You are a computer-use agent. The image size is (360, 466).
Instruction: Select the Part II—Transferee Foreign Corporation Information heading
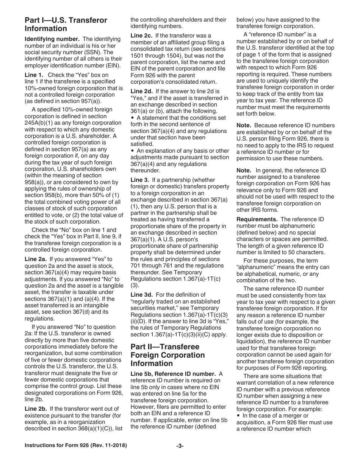167,355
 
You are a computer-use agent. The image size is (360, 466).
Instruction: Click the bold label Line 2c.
141,36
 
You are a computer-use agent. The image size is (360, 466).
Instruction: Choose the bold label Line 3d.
141,294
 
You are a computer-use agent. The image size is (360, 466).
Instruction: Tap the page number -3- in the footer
180,446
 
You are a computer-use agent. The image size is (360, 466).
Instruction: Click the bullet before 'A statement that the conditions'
132,118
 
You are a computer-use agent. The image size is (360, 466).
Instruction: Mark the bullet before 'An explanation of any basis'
132,151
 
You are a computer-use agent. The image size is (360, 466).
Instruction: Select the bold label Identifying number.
52,39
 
